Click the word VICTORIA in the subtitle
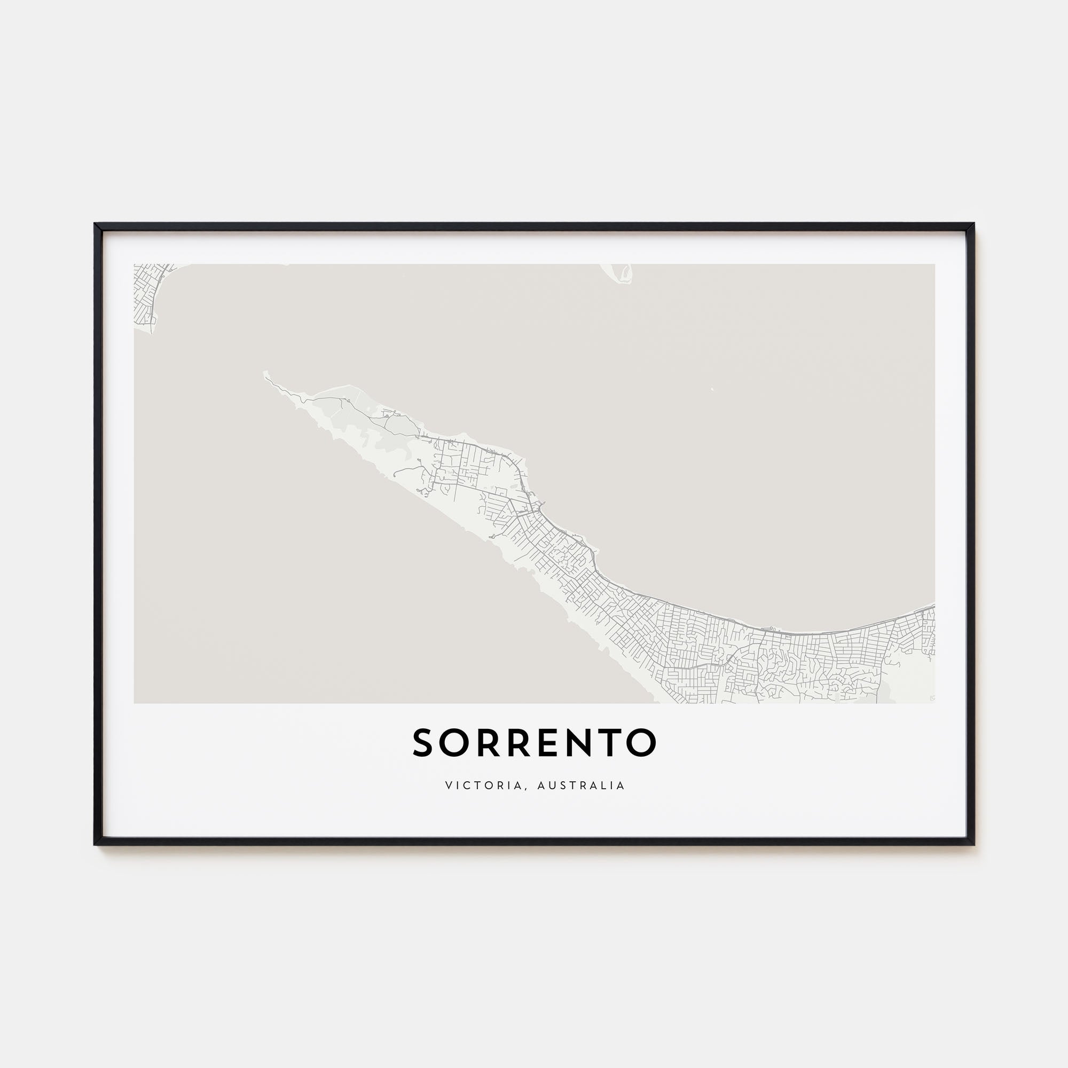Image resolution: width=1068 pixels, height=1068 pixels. pos(483,786)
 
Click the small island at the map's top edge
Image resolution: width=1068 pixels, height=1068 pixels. pos(623,273)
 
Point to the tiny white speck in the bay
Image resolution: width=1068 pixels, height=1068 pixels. pos(711,389)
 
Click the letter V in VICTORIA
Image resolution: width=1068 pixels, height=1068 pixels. pos(448,786)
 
